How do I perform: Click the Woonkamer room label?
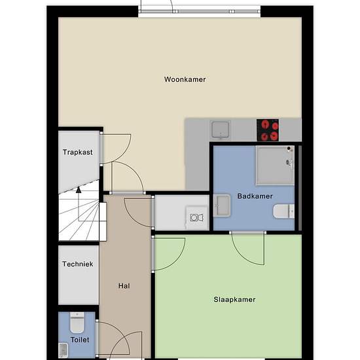(x=185, y=79)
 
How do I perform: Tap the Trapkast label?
(x=78, y=153)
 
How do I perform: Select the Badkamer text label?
(x=255, y=196)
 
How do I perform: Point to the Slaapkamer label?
(x=234, y=299)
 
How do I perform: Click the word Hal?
(x=124, y=286)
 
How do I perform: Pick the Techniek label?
(x=78, y=264)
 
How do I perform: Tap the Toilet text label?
(x=80, y=340)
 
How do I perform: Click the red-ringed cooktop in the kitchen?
(x=268, y=130)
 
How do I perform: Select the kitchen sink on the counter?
(x=220, y=130)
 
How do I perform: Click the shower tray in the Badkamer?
(x=275, y=166)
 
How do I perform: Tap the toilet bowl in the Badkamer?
(x=283, y=211)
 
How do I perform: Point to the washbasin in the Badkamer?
(x=222, y=206)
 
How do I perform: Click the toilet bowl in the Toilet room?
(x=77, y=323)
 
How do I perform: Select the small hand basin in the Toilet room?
(x=63, y=350)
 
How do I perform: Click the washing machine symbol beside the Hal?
(x=197, y=217)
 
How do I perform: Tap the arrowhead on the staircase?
(x=79, y=190)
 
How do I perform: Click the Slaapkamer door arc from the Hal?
(x=177, y=261)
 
